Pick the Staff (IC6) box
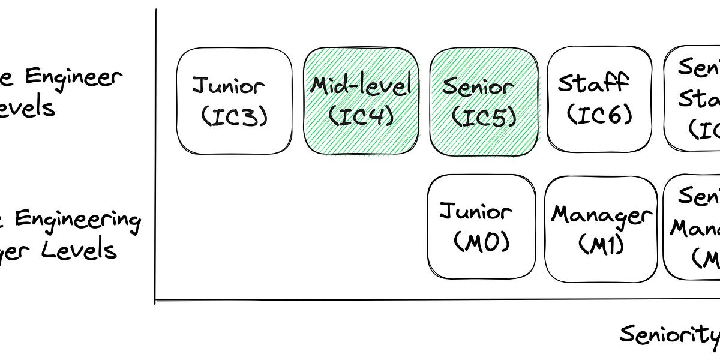coord(599,98)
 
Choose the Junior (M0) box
coord(481,228)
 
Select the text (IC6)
coord(598,114)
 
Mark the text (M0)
coord(481,244)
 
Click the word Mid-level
coord(361,85)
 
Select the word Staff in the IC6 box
coord(593,83)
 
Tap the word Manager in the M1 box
coord(601,215)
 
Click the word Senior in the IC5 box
coord(478,86)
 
